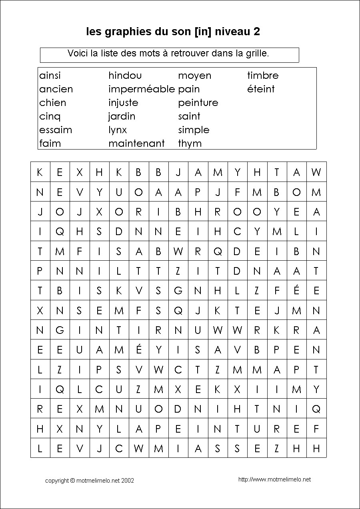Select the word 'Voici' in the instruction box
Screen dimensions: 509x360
click(x=78, y=54)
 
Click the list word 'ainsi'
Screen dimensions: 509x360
click(x=50, y=76)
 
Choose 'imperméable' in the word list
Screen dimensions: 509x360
click(x=142, y=89)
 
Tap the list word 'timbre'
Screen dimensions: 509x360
click(x=262, y=76)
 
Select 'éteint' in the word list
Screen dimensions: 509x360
click(x=261, y=89)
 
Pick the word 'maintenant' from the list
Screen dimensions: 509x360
click(x=136, y=144)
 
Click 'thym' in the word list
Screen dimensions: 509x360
click(x=190, y=144)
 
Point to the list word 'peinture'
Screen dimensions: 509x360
click(x=198, y=103)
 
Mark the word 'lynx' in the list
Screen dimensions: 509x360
click(x=118, y=130)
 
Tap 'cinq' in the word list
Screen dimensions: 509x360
click(x=50, y=116)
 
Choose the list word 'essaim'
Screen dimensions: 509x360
click(x=56, y=130)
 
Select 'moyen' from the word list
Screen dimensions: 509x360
click(x=194, y=76)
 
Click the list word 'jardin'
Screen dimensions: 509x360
click(x=122, y=116)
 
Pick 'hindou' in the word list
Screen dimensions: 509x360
click(x=125, y=76)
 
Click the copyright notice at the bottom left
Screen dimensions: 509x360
click(x=90, y=481)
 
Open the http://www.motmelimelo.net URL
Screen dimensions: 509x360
click(x=274, y=479)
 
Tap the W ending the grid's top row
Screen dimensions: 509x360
click(x=316, y=172)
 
